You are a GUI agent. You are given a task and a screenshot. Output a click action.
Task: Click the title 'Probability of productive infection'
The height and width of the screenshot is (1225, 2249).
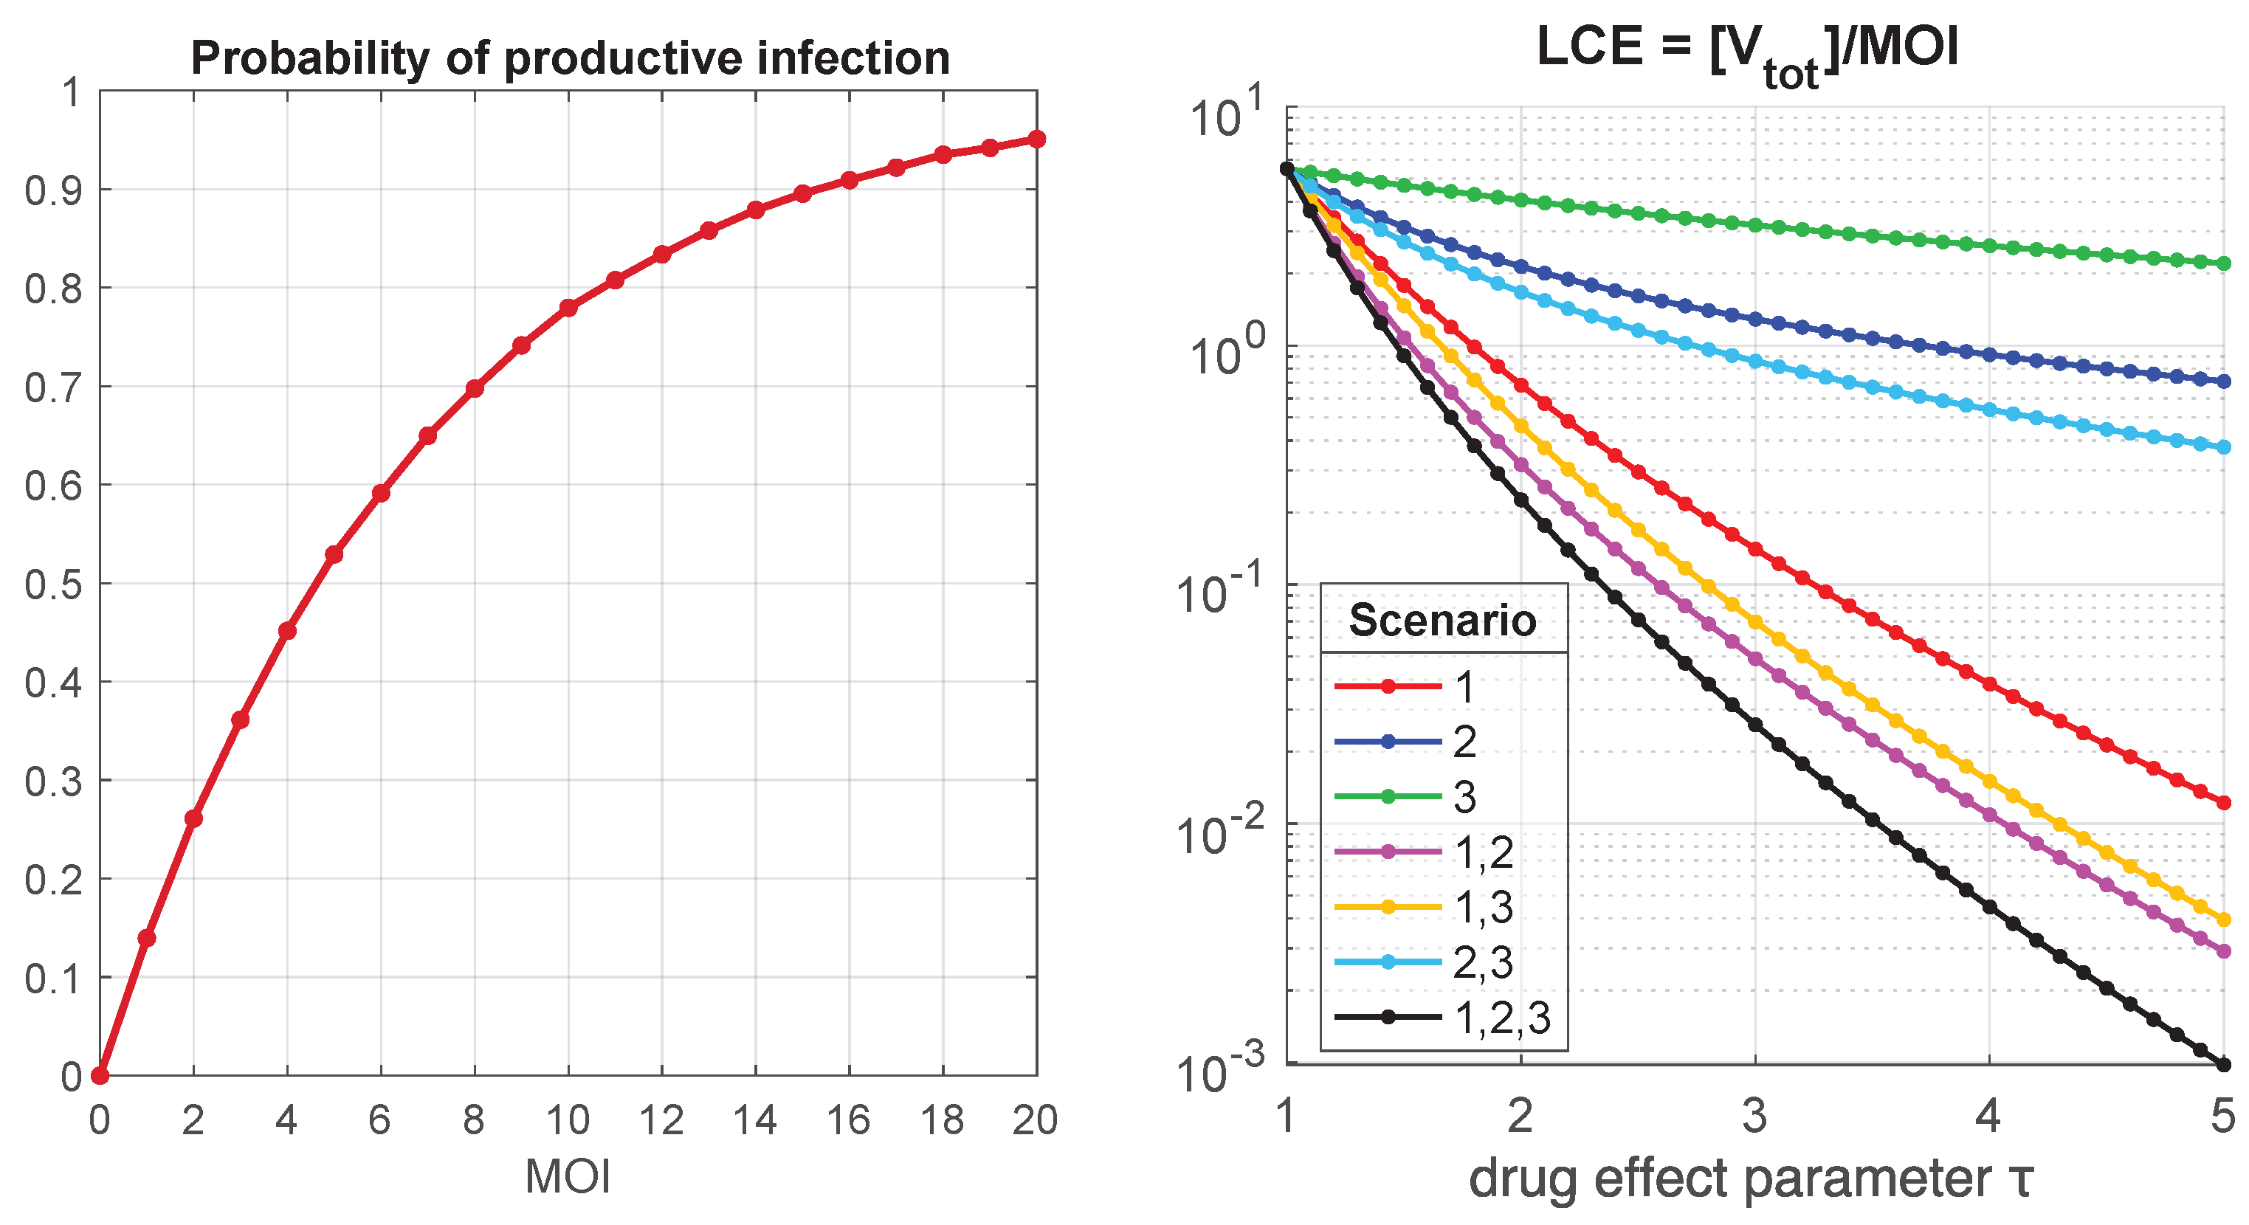(570, 58)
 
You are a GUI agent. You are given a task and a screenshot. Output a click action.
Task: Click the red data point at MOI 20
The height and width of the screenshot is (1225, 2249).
(1036, 139)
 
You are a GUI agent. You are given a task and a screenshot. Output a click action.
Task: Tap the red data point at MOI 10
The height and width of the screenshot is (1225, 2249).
(568, 307)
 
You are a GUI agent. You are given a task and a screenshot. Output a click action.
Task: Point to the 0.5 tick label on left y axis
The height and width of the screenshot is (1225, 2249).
(52, 584)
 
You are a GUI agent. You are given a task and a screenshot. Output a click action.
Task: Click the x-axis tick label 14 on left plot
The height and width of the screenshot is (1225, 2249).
(754, 1120)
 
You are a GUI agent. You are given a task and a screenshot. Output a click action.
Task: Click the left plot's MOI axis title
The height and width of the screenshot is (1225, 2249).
(568, 1176)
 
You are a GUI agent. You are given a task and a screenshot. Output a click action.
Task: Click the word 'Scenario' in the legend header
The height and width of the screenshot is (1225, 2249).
(1442, 621)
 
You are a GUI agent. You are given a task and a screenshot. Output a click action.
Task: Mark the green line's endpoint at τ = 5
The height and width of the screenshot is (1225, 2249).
(2224, 263)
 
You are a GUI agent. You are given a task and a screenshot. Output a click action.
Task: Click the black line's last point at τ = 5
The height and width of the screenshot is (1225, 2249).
(2224, 1063)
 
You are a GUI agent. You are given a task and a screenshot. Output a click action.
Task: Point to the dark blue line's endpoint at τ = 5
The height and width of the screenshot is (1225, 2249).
(2224, 381)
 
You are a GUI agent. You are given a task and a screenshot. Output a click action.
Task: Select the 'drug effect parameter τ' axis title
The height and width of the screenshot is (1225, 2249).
(1751, 1179)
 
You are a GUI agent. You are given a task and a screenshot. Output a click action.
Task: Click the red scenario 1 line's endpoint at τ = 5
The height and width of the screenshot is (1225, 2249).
(2224, 802)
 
